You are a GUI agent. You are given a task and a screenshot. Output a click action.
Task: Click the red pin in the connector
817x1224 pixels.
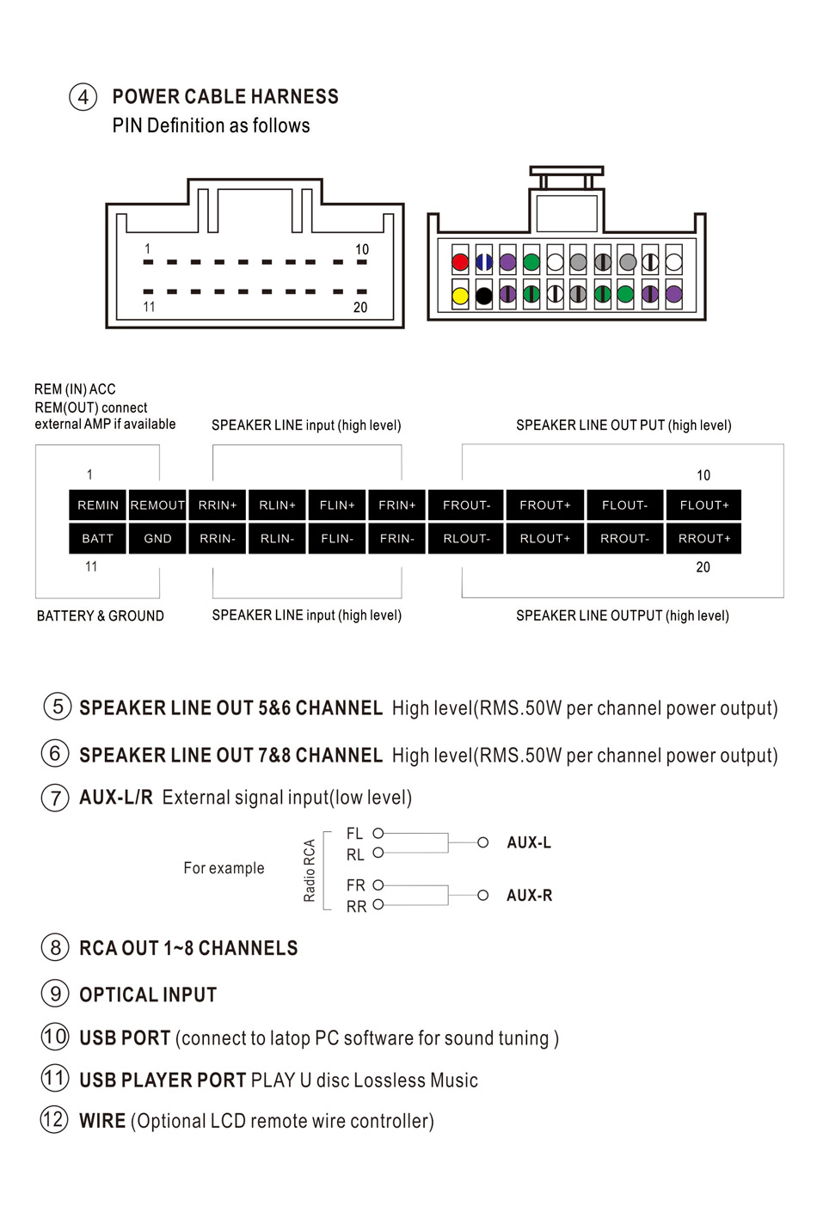point(460,262)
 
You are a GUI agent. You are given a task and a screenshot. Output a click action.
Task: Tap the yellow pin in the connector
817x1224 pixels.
point(460,296)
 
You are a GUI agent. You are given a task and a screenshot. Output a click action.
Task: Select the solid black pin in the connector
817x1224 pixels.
point(484,296)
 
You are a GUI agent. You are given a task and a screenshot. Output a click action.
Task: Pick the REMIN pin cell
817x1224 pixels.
point(98,505)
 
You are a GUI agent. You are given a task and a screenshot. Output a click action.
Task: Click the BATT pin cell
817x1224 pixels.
point(98,538)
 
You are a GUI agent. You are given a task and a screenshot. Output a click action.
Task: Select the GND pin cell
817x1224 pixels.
point(157,538)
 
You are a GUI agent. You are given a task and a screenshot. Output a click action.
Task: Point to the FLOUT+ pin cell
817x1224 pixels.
point(703,505)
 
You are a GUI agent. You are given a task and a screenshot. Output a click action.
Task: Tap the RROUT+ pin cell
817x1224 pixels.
point(703,538)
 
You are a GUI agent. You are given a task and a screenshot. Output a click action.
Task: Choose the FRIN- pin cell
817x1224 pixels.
point(396,538)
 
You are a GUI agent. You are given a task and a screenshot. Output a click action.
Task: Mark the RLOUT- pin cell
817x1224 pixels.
point(466,538)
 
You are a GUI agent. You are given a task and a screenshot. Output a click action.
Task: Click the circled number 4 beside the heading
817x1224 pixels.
point(83,96)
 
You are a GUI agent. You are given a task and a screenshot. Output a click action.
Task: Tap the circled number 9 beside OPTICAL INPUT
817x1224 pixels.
point(55,994)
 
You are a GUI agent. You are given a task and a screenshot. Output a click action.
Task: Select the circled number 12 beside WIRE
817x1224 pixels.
point(54,1119)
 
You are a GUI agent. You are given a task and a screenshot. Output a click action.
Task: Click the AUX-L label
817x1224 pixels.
point(529,842)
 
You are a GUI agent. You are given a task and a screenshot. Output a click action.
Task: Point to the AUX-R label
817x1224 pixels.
point(529,895)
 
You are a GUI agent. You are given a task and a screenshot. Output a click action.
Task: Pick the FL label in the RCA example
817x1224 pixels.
point(354,833)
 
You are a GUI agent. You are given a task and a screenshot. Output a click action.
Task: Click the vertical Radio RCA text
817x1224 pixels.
point(310,870)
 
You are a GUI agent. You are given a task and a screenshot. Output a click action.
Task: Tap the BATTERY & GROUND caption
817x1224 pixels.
point(100,615)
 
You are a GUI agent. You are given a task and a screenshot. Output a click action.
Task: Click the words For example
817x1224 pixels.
point(224,868)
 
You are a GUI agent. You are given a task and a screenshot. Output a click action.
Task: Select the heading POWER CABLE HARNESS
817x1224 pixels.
point(225,96)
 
